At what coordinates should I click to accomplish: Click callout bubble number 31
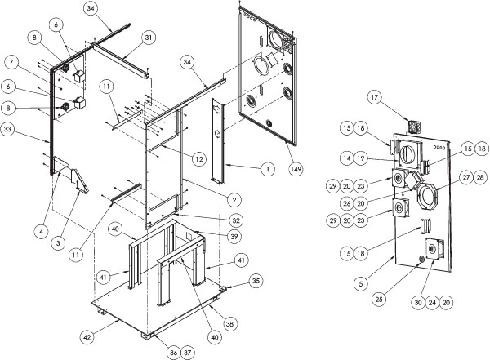point(149,38)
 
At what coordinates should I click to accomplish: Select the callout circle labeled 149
point(296,169)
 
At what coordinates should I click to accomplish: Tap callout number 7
point(11,62)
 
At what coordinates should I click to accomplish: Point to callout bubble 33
point(8,129)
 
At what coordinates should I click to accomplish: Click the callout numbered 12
point(198,159)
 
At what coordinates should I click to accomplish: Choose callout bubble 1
point(268,169)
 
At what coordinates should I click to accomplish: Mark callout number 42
point(87,337)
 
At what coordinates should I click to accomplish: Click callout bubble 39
point(234,237)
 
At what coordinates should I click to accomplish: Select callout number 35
point(256,281)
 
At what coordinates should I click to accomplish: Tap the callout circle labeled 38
point(229,324)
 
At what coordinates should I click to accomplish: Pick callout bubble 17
point(374,97)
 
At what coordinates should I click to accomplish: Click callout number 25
point(379,300)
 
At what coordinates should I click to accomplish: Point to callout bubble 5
point(361,284)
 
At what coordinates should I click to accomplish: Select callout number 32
point(236,220)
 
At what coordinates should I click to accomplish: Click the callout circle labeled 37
point(187,353)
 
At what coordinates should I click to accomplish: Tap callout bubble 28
point(480,177)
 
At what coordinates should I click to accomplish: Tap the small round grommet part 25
point(421,259)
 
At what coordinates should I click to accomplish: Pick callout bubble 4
point(42,232)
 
